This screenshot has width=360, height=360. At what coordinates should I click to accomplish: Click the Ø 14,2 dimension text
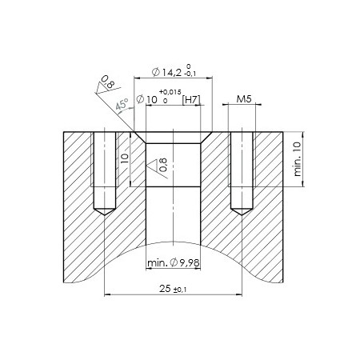pyautogui.click(x=162, y=71)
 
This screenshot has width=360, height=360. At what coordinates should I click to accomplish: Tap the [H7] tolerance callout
pyautogui.click(x=190, y=100)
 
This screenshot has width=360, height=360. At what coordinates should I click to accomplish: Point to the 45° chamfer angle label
pyautogui.click(x=122, y=105)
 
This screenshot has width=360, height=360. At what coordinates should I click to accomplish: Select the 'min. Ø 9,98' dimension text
pyautogui.click(x=173, y=262)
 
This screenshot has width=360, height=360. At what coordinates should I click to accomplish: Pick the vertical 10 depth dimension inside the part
pyautogui.click(x=125, y=158)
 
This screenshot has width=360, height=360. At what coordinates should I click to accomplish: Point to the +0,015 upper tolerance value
pyautogui.click(x=170, y=93)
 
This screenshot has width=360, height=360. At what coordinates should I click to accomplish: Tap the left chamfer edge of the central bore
pyautogui.click(x=140, y=138)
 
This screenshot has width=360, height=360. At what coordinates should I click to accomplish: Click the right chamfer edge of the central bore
pyautogui.click(x=206, y=138)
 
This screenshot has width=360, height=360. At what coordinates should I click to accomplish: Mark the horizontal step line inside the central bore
pyautogui.click(x=173, y=186)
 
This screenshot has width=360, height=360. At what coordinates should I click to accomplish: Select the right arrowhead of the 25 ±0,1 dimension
pyautogui.click(x=237, y=295)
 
